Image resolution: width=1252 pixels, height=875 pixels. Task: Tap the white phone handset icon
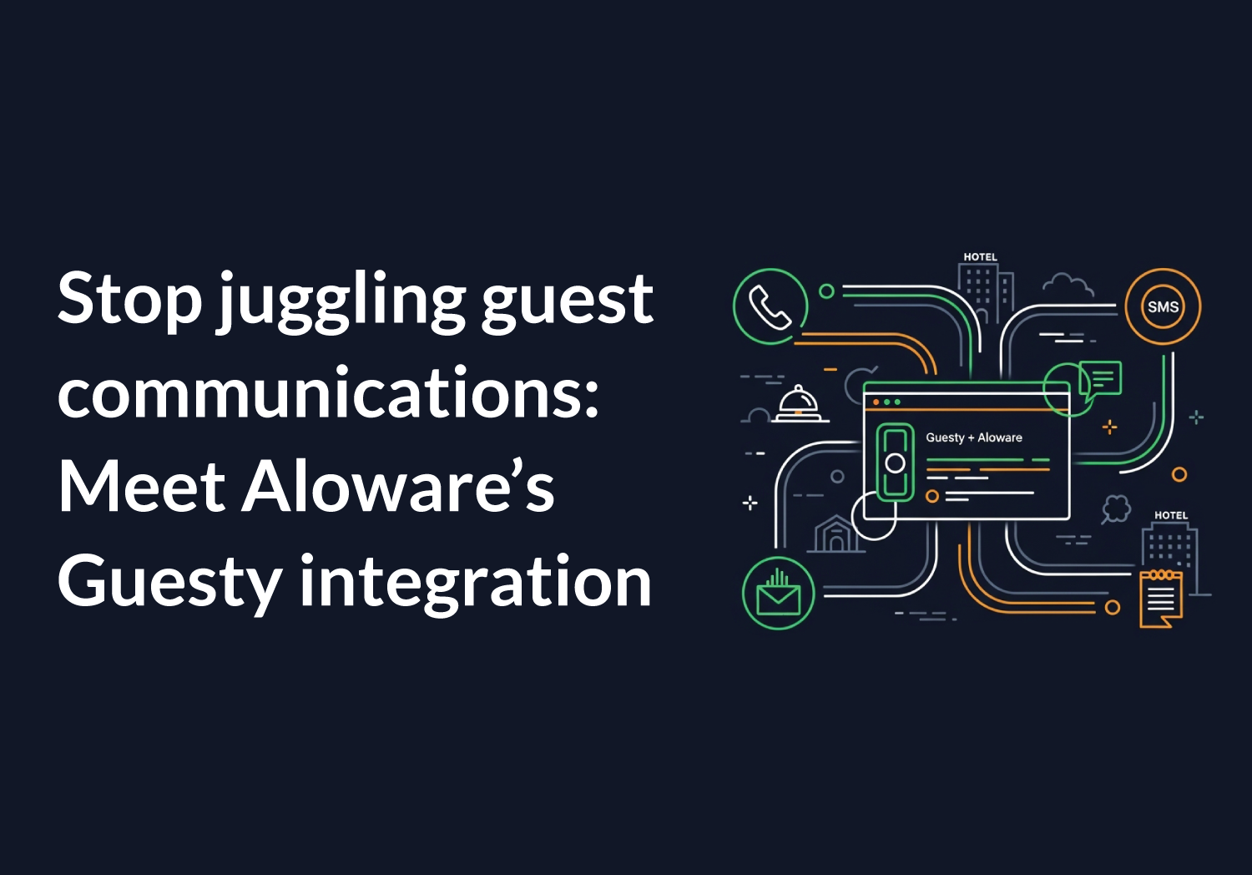click(x=770, y=306)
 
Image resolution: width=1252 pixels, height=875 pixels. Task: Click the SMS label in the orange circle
click(x=1163, y=306)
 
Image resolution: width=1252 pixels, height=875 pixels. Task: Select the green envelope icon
click(x=778, y=594)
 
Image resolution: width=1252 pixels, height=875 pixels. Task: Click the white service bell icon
click(x=799, y=404)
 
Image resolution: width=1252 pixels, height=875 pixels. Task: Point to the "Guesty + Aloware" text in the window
click(x=973, y=437)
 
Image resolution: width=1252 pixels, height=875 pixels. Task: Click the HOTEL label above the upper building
click(x=980, y=257)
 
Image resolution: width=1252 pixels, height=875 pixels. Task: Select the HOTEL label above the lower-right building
click(x=1170, y=515)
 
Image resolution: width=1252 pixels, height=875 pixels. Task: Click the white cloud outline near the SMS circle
click(x=1068, y=286)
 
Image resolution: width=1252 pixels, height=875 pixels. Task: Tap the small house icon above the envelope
click(x=835, y=534)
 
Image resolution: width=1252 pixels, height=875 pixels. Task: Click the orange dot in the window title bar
click(x=876, y=402)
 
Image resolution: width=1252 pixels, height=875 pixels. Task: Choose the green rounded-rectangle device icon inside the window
click(x=895, y=463)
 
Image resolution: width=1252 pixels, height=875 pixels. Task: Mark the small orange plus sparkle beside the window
click(x=1109, y=427)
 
